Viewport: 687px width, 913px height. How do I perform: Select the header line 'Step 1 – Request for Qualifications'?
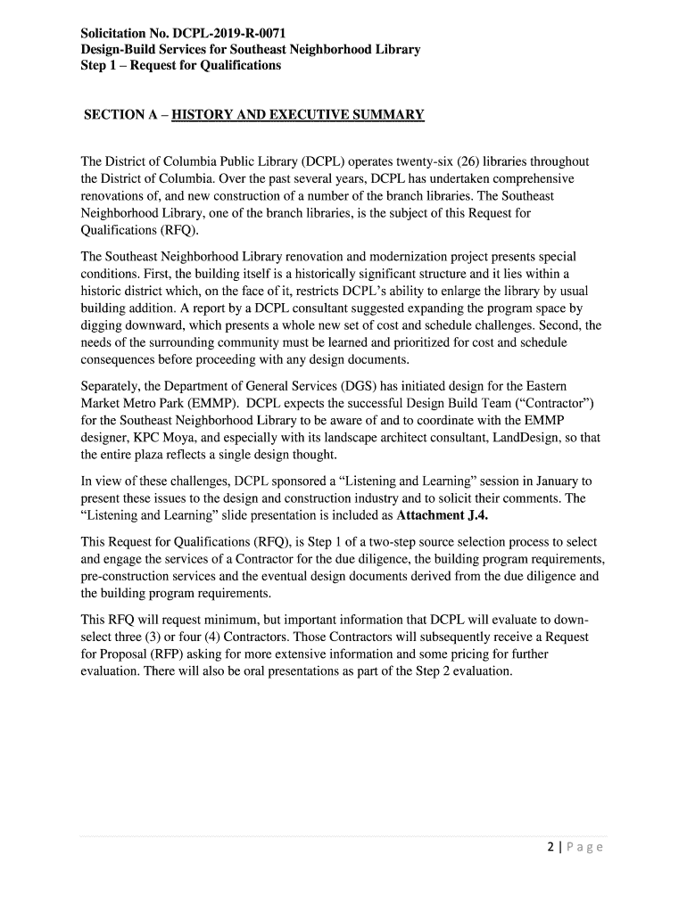[180, 65]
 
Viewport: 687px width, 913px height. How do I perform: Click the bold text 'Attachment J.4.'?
[442, 516]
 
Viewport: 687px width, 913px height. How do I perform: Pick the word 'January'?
[527, 481]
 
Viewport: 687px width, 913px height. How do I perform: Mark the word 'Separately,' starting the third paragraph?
[112, 385]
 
